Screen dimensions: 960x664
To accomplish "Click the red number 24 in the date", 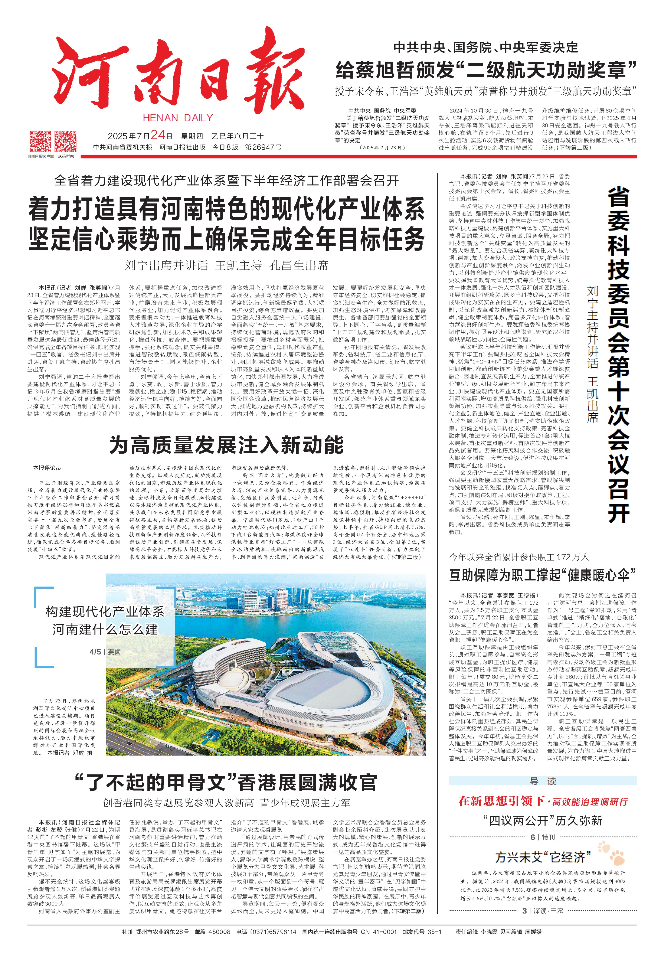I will tap(158, 135).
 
